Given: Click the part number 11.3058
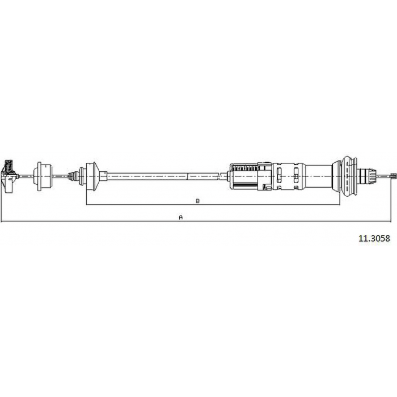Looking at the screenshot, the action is [374, 238].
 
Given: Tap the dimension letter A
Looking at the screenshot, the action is [181, 217].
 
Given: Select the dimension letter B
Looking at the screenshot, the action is [198, 201].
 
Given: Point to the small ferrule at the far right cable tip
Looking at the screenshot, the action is [393, 175].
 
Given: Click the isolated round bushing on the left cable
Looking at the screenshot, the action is [43, 176].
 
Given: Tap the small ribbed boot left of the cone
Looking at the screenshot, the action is [74, 176].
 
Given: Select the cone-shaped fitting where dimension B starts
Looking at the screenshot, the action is [92, 176].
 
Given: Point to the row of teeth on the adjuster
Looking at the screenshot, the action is [245, 168].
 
